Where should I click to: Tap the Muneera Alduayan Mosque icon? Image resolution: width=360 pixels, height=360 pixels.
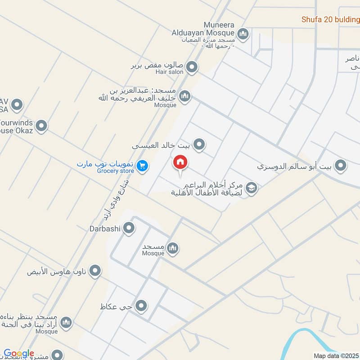pos(243,34)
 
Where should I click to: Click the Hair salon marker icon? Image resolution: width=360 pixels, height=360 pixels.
pos(192,67)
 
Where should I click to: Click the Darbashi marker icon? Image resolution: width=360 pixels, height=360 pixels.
pos(129,229)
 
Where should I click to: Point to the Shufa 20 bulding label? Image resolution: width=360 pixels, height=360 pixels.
pos(331,20)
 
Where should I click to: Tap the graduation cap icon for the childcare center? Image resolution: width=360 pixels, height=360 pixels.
pos(252,189)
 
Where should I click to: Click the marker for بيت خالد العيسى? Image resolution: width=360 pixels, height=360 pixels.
pos(199,145)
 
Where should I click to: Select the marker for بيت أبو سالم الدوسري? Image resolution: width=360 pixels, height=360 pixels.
pos(342,166)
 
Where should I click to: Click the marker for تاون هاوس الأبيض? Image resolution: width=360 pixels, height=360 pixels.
pos(95,271)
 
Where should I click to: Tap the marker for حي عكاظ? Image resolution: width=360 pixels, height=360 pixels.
pos(141,306)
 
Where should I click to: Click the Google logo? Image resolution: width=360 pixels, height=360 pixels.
pos(18,354)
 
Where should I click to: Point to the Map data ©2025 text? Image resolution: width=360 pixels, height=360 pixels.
pos(335,356)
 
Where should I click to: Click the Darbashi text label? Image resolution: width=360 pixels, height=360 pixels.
pos(104,229)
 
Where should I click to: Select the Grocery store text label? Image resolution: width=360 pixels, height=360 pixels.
pos(115,171)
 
